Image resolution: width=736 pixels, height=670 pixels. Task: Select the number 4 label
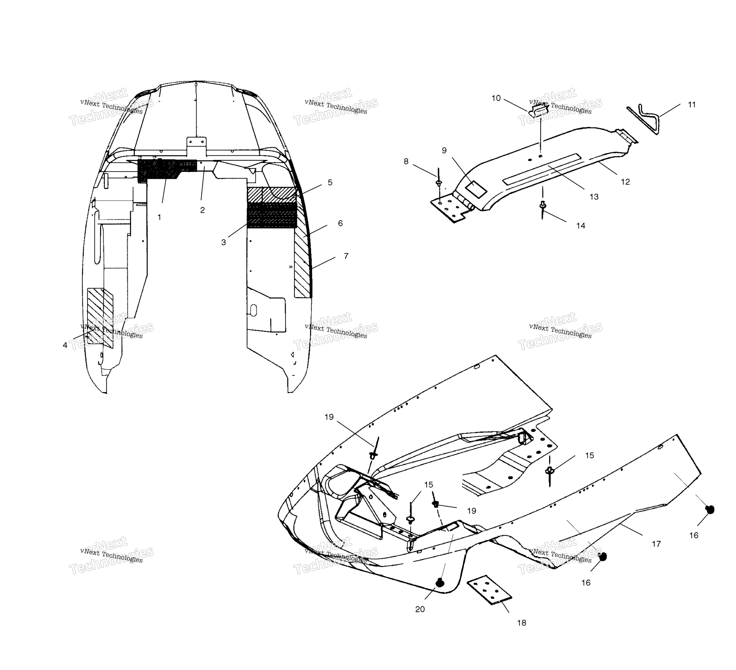point(65,345)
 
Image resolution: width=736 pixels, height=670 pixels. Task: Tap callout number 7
point(346,256)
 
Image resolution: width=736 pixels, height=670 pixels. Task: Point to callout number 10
point(496,98)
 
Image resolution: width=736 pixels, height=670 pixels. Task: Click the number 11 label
point(692,105)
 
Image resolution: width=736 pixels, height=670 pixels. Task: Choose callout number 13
point(594,197)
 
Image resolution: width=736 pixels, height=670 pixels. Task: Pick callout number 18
point(522,623)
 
